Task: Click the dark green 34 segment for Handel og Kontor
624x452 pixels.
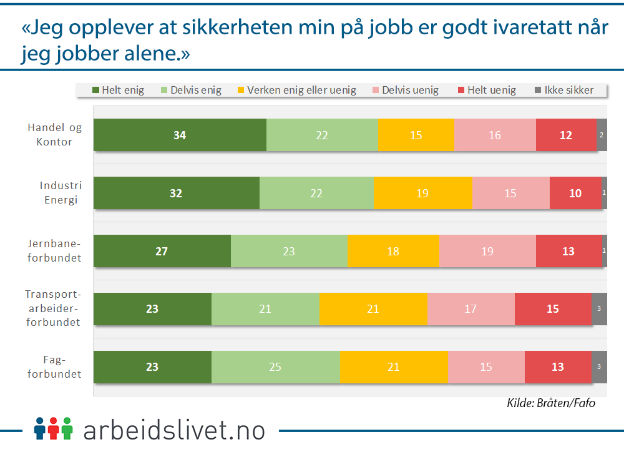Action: tap(180, 135)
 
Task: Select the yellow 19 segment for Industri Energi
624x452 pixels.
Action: tap(422, 193)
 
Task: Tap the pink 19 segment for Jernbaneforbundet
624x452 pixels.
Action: tap(487, 251)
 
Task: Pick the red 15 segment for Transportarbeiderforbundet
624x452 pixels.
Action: tap(552, 309)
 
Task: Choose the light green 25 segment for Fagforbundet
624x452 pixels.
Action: tap(275, 367)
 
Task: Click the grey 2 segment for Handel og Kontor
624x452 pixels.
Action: tap(602, 135)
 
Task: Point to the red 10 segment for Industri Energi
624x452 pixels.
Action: tap(575, 193)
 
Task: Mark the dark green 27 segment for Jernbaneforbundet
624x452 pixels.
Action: tap(162, 251)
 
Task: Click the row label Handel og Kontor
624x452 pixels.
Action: tap(54, 135)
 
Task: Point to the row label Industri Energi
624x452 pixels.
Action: tap(61, 193)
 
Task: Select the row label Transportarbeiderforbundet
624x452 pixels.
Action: tap(53, 308)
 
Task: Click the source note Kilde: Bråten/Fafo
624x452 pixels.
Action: tap(551, 403)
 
